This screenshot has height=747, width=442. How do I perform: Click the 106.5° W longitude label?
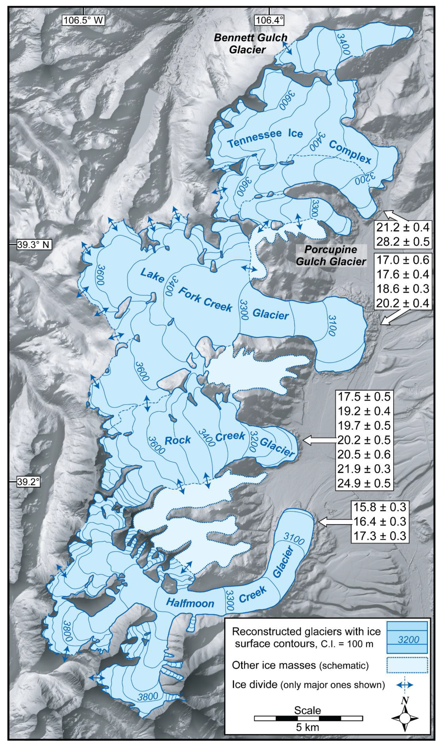pyautogui.click(x=83, y=20)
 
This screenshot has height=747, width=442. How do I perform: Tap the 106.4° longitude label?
pyautogui.click(x=269, y=20)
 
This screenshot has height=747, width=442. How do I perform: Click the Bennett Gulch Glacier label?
pyautogui.click(x=250, y=43)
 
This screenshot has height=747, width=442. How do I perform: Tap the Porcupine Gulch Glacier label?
pyautogui.click(x=331, y=256)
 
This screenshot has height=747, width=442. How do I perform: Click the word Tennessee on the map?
pyautogui.click(x=254, y=139)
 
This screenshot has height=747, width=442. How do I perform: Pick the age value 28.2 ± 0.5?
pyautogui.click(x=403, y=241)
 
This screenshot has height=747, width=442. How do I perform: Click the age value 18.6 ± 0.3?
pyautogui.click(x=403, y=288)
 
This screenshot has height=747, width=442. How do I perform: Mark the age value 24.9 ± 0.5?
pyautogui.click(x=364, y=483)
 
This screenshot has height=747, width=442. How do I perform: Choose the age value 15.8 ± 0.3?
pyautogui.click(x=379, y=507)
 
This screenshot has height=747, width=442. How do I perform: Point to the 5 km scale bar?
pyautogui.click(x=308, y=718)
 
